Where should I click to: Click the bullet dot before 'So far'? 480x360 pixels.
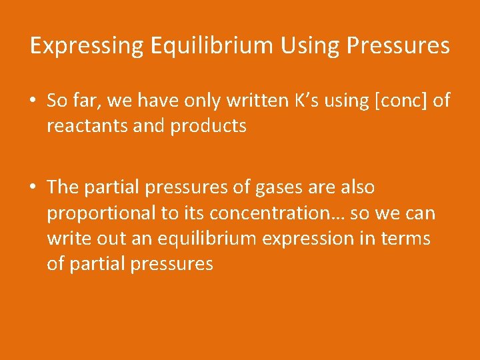pyautogui.click(x=33, y=101)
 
